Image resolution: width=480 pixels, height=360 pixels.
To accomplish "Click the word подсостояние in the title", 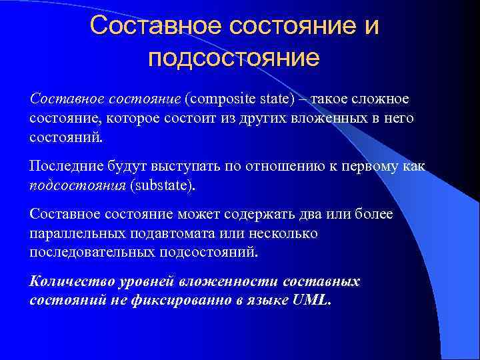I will [234, 58].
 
